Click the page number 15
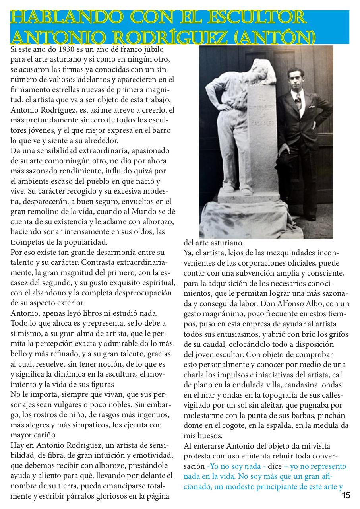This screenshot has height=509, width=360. coord(346,495)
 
